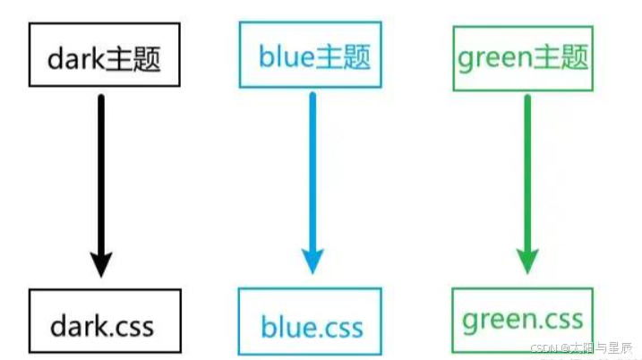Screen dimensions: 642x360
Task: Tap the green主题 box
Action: [x=524, y=58]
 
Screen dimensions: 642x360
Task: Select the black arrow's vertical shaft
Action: [x=101, y=170]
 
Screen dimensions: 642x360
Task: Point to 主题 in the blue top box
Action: [x=343, y=57]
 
